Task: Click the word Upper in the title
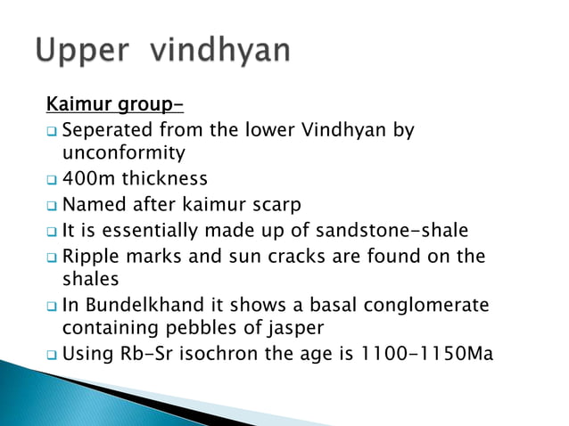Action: pyautogui.click(x=81, y=51)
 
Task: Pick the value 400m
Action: pyautogui.click(x=88, y=179)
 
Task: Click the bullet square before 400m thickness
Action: pyautogui.click(x=53, y=180)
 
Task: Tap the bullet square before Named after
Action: pyautogui.click(x=53, y=206)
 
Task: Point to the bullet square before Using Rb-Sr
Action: pyautogui.click(x=53, y=355)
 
